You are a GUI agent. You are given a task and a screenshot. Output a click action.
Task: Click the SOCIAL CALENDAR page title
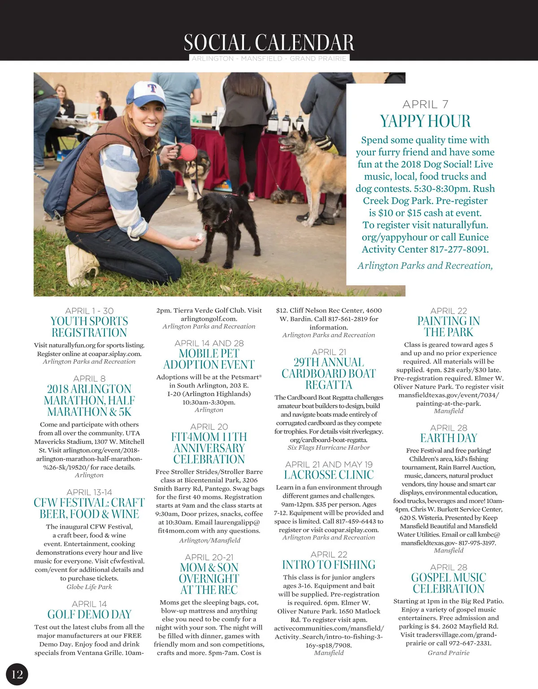click(x=269, y=43)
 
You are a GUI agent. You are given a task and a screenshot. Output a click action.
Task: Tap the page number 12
click(x=17, y=674)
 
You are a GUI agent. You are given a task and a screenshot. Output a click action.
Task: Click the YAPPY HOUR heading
click(x=425, y=121)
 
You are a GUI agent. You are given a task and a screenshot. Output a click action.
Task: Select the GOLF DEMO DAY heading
click(x=89, y=614)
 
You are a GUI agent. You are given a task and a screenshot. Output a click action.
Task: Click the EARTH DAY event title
click(x=448, y=438)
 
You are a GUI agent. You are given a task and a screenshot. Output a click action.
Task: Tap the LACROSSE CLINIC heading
click(x=329, y=475)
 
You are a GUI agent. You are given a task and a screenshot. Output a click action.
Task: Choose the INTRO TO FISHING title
click(x=329, y=565)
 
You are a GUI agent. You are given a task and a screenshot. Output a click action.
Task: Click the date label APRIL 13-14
click(x=89, y=492)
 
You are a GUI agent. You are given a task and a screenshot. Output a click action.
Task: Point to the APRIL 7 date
click(x=425, y=104)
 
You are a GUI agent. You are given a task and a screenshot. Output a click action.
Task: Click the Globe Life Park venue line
click(x=89, y=587)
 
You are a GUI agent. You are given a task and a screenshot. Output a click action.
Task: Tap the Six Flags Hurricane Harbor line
click(x=329, y=448)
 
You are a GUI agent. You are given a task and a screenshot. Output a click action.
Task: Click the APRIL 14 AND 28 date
click(x=209, y=343)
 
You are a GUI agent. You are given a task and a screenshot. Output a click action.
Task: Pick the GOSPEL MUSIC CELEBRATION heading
click(x=448, y=583)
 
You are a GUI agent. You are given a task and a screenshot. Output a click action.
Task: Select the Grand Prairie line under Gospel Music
click(x=448, y=653)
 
